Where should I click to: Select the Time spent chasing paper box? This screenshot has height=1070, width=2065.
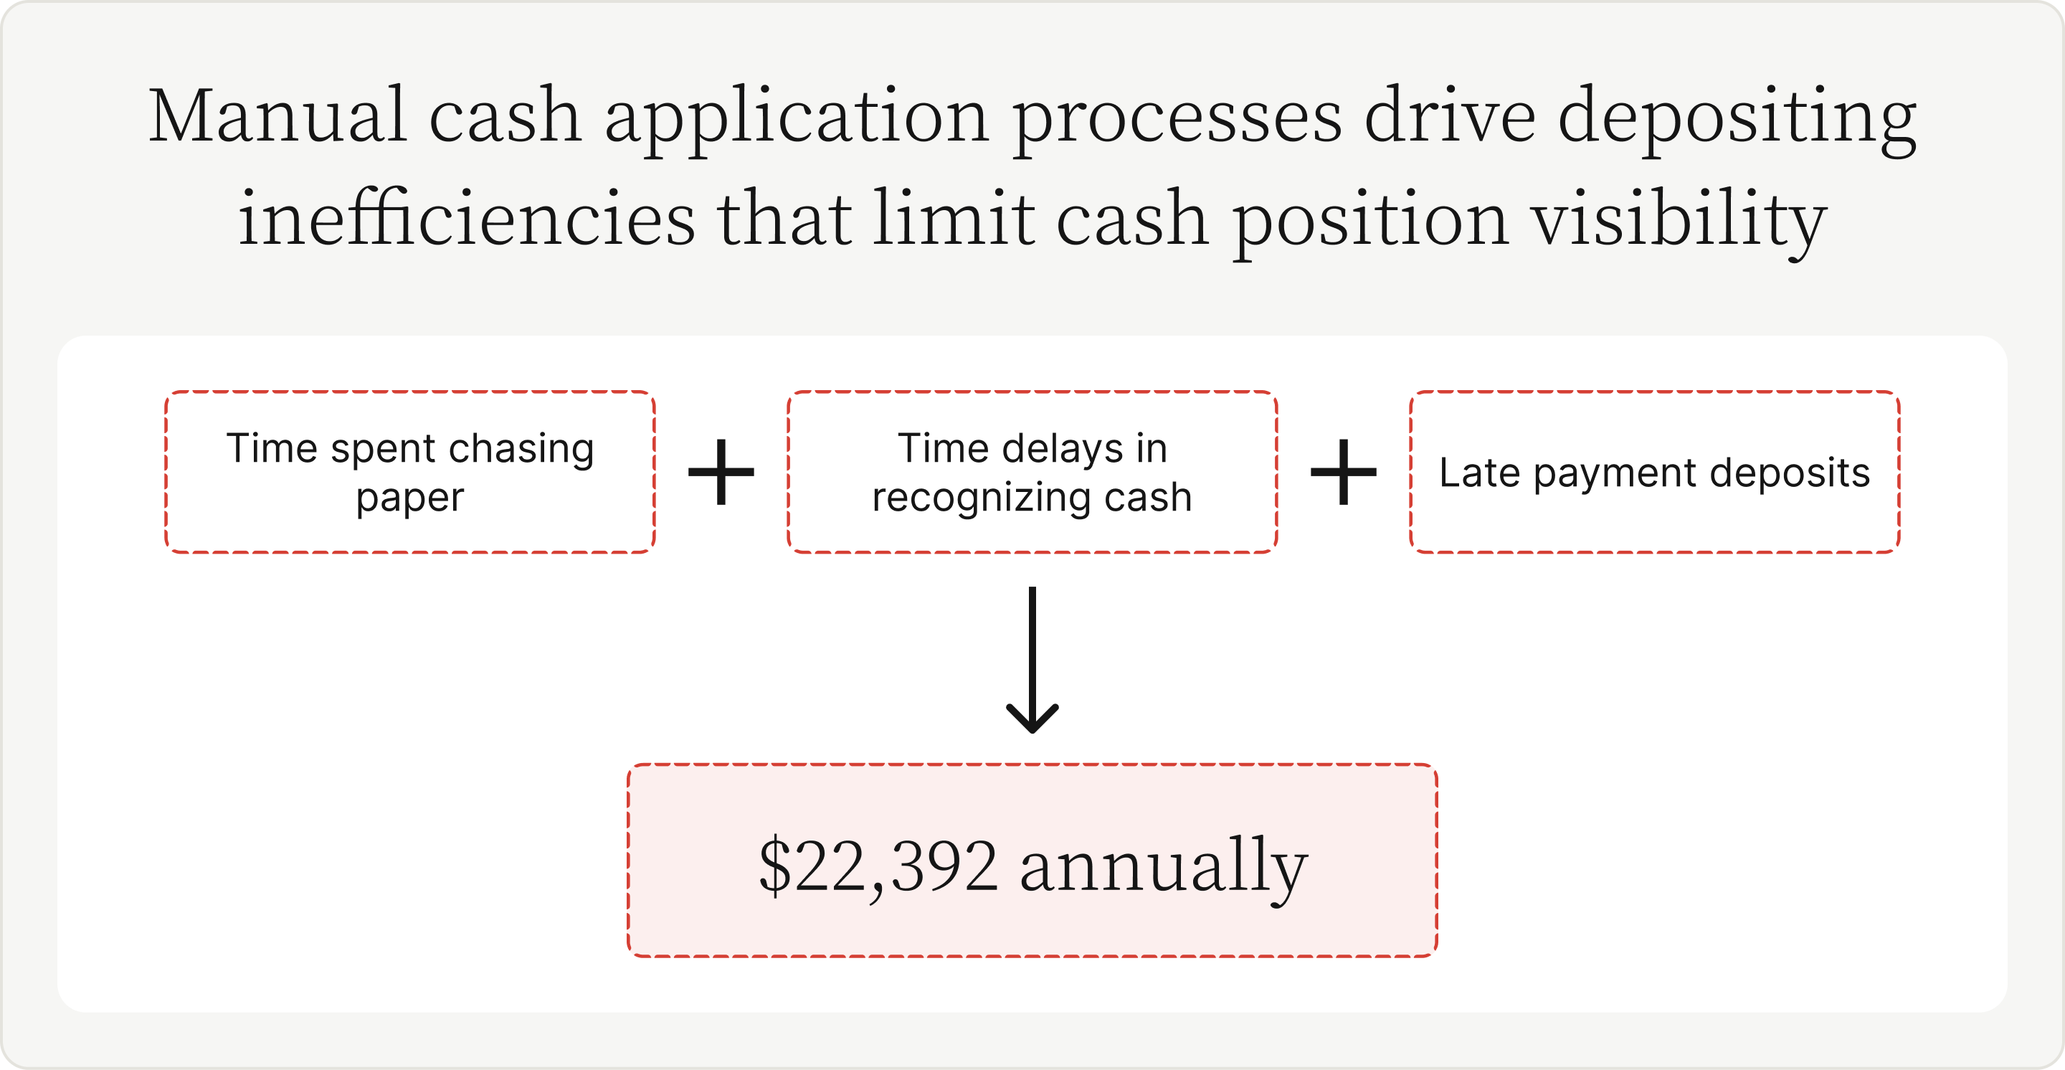point(410,472)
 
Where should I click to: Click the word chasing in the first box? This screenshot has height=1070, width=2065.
point(521,448)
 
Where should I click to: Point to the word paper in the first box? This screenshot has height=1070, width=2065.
point(410,498)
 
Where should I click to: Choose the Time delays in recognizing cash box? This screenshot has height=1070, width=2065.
point(1032,472)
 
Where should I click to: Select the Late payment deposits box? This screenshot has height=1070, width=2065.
point(1655,472)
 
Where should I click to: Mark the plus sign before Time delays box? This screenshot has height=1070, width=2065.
point(721,472)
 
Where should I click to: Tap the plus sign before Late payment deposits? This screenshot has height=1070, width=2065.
point(1344,472)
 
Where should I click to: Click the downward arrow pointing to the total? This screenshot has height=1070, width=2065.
point(1032,660)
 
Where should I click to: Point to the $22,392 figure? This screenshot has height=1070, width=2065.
point(878,866)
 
